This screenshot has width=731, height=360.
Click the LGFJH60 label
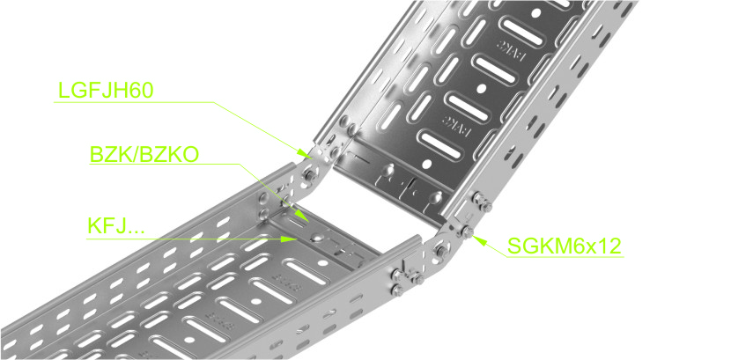[x=106, y=91]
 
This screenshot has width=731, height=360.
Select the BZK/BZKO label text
[x=144, y=155]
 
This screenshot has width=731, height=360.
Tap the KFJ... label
[x=116, y=226]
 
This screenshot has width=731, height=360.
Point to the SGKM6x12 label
[x=564, y=246]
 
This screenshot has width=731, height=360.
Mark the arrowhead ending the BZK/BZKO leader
[x=303, y=217]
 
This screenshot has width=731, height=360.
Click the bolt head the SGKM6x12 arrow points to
[x=467, y=231]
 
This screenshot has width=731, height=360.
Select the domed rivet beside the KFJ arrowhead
[x=315, y=237]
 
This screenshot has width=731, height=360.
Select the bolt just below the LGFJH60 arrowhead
[x=307, y=175]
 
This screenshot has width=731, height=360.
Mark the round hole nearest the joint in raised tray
[x=425, y=163]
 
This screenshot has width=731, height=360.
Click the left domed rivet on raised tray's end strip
[x=387, y=171]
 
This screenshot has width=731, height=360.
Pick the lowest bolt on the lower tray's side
[x=397, y=291]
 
